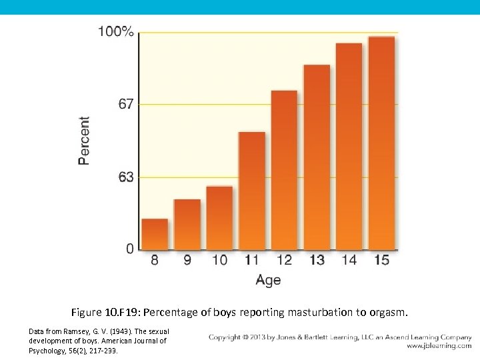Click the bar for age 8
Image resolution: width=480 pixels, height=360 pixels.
[155, 234]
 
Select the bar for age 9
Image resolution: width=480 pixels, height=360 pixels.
[187, 225]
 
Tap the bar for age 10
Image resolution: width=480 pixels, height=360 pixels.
[219, 218]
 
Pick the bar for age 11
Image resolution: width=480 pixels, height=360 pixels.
[252, 191]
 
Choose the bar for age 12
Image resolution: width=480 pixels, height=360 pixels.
[284, 170]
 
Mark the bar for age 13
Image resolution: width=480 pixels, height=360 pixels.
[317, 157]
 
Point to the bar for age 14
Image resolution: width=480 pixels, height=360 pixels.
[349, 147]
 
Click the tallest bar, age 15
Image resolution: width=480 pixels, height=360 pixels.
[381, 143]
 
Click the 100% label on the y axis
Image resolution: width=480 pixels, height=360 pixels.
[116, 31]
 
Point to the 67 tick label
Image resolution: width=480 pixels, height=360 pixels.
[125, 104]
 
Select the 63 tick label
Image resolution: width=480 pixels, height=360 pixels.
[125, 177]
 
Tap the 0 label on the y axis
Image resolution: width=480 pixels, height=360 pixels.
[130, 249]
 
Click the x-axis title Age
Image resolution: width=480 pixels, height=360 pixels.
[268, 280]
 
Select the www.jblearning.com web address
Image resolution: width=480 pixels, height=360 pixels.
[439, 346]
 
